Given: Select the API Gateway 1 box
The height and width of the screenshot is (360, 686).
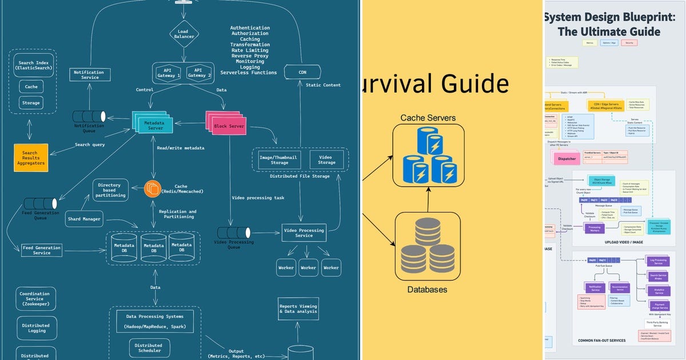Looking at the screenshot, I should click(x=169, y=73).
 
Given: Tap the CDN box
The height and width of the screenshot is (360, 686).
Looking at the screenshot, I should click(x=302, y=73).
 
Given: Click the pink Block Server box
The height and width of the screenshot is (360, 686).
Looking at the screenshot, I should click(x=227, y=124).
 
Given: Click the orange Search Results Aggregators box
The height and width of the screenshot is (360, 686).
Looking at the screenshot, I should click(x=31, y=157).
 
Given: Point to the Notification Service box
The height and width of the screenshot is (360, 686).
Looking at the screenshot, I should click(x=90, y=75).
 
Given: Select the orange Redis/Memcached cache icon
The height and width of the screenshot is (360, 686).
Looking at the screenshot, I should click(x=153, y=189).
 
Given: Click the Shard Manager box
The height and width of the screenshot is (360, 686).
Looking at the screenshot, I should click(x=85, y=219).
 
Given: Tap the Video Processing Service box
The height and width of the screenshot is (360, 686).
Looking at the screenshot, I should click(x=304, y=232).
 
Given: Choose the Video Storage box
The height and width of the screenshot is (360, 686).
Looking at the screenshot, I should click(x=326, y=159).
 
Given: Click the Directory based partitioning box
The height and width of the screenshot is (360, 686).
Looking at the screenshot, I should click(x=110, y=189).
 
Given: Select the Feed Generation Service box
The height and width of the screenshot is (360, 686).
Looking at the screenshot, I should click(x=41, y=250).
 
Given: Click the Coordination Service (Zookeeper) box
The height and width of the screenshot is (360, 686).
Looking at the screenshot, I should click(x=35, y=299).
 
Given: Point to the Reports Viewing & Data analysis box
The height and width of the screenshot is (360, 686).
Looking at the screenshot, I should click(x=297, y=308).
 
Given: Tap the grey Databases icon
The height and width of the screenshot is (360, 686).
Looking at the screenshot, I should click(x=427, y=246).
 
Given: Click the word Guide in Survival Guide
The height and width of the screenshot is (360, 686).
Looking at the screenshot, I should click(x=472, y=83).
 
